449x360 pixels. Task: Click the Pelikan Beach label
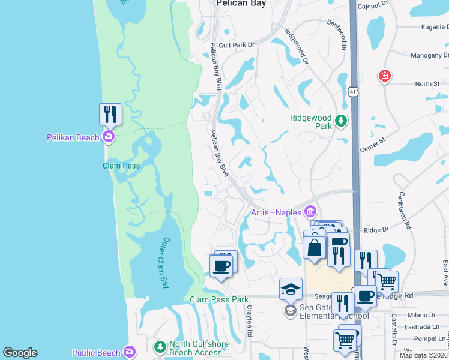tap(73, 137)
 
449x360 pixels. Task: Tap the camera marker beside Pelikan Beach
tap(109, 137)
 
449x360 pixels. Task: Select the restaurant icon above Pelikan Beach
tap(110, 113)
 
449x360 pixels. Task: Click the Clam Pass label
tap(121, 166)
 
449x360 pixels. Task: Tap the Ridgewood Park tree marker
tap(341, 121)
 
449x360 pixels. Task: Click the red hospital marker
tap(385, 76)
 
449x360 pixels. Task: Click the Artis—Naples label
tap(276, 212)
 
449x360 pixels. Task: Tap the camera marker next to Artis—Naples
tap(310, 211)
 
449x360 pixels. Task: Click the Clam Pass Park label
tap(219, 299)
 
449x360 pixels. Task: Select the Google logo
tap(20, 353)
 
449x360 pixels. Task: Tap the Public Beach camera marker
tap(130, 351)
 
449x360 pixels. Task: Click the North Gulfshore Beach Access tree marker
tap(160, 347)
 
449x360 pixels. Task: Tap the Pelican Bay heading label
tap(241, 3)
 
